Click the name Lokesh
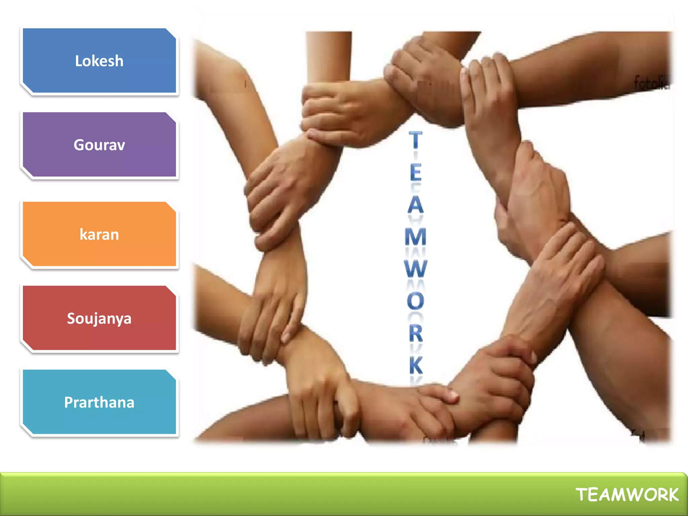tap(99, 61)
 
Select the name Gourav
tap(99, 145)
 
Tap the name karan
tap(99, 234)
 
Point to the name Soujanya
tap(99, 318)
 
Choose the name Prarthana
tap(99, 402)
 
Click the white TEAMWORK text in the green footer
tap(627, 495)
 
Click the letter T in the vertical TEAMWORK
tap(416, 140)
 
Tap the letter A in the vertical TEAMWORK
tap(416, 205)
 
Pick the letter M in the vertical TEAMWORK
tap(416, 236)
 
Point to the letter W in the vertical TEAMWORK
tap(416, 268)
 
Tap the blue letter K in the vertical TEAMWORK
tap(416, 365)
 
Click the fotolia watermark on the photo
tap(651, 83)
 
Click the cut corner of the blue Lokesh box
tap(171, 34)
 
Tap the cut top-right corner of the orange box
tap(171, 207)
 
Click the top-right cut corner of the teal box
tap(171, 375)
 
